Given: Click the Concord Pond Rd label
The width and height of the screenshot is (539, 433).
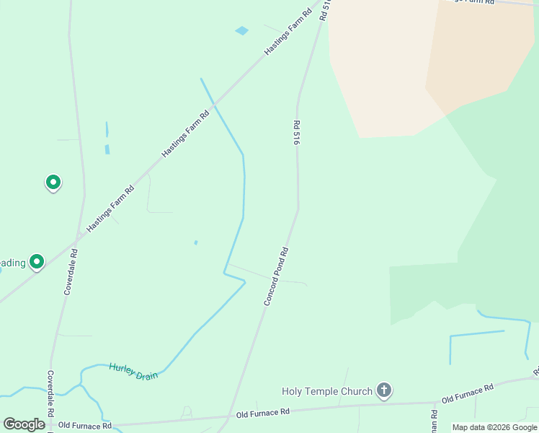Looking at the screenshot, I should (276, 276).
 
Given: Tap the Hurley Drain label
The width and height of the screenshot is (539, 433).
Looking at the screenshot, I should (133, 372).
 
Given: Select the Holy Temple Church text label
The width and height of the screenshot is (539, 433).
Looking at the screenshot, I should (326, 391).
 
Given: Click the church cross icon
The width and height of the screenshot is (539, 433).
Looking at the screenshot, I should (384, 391).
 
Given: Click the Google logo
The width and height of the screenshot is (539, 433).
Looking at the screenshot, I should (24, 424).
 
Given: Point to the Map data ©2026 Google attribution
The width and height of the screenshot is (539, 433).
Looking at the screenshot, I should (494, 427).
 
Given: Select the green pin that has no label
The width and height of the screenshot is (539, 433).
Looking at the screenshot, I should (53, 182).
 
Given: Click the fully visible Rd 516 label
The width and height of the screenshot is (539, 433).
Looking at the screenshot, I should (295, 134).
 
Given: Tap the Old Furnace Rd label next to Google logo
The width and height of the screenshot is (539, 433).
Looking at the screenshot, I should (85, 426).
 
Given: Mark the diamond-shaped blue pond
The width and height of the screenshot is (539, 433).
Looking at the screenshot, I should (241, 31).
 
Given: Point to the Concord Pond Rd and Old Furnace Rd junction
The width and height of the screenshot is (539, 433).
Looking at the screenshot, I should (230, 416).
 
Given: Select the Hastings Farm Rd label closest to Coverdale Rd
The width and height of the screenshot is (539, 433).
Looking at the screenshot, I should (110, 209).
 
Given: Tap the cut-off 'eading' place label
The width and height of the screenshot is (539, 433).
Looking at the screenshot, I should (13, 263).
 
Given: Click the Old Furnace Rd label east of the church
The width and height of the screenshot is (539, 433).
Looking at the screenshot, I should (467, 393).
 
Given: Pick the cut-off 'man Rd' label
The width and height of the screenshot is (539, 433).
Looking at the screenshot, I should (435, 421).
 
